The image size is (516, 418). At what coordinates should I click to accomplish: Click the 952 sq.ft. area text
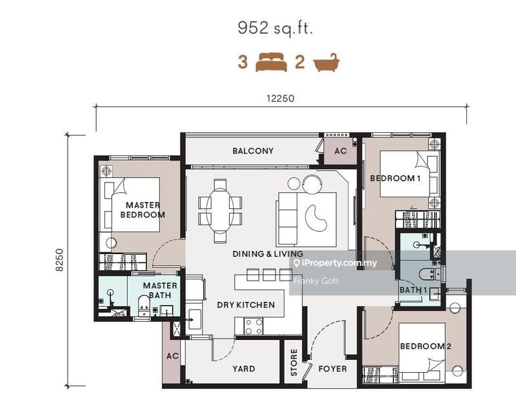pos(275,29)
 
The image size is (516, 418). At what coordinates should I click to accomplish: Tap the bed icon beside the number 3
pos(271,63)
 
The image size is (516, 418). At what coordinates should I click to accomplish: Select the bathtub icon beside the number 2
pos(326,63)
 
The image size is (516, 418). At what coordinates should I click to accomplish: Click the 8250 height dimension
pos(60,259)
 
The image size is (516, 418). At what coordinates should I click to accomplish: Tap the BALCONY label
pos(253,151)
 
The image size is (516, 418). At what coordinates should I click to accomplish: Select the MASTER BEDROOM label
pos(145,210)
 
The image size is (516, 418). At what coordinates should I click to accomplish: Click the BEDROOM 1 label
pos(395,178)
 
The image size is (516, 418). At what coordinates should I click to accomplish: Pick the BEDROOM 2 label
pos(425,346)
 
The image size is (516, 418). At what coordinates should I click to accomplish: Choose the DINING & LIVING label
pos(268,254)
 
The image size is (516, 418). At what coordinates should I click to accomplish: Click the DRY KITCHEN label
pos(246,304)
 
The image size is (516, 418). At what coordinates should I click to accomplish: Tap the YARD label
pos(244,369)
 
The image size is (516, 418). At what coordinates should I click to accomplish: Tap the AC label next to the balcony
pos(341,151)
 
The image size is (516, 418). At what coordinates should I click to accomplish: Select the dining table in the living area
pos(220,210)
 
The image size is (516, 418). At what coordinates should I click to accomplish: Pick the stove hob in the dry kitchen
pos(253,326)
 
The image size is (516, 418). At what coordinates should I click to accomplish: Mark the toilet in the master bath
pos(144,304)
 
